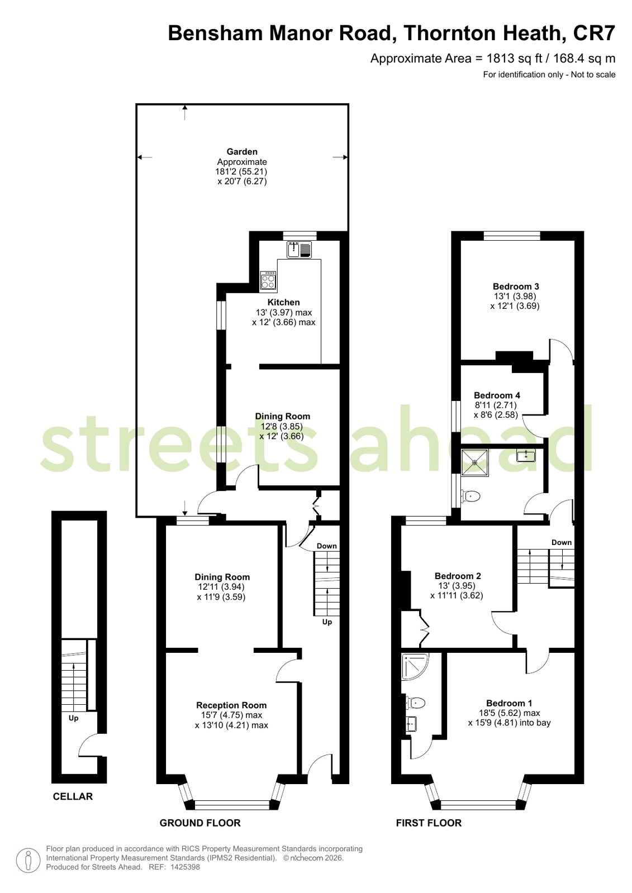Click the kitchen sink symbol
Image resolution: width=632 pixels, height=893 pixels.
(299, 250)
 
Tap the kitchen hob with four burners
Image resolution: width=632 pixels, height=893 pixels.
(268, 279)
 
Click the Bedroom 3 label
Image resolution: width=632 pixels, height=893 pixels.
(516, 286)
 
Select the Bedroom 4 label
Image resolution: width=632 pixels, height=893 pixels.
(497, 395)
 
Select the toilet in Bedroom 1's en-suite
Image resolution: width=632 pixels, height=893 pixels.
(415, 703)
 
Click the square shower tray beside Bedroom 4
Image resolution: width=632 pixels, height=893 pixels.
(475, 462)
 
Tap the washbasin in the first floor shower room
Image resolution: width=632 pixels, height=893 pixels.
(526, 455)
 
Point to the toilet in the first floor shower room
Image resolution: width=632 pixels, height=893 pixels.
(471, 496)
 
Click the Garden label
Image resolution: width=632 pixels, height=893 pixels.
(242, 151)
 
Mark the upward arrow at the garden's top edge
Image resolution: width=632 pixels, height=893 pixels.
(185, 112)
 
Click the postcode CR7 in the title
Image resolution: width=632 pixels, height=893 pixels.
(594, 33)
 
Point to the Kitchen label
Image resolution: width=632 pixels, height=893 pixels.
(284, 302)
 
